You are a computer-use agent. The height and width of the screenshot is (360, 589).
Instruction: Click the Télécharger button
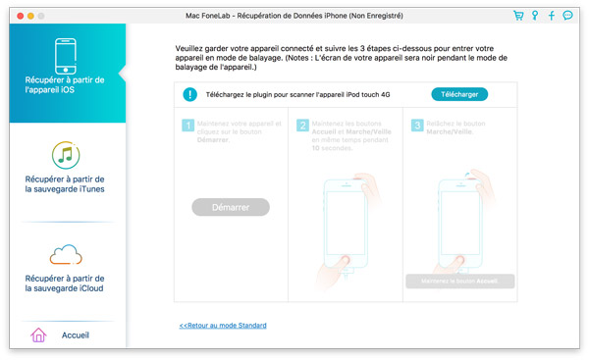click(458, 94)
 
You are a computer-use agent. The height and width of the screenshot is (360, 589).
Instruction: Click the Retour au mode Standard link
click(223, 326)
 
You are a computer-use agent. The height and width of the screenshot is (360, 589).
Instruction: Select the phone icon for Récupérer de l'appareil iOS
click(65, 57)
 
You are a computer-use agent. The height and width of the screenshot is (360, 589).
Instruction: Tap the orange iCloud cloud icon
click(65, 256)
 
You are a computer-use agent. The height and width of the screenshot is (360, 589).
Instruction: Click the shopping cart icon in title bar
click(517, 17)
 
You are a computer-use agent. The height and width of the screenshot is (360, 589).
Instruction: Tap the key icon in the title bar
click(534, 17)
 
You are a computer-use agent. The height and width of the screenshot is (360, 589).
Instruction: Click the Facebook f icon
click(551, 17)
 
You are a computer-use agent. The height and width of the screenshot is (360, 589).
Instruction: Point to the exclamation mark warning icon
click(189, 95)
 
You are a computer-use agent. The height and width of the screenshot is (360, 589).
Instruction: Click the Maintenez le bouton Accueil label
click(459, 281)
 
